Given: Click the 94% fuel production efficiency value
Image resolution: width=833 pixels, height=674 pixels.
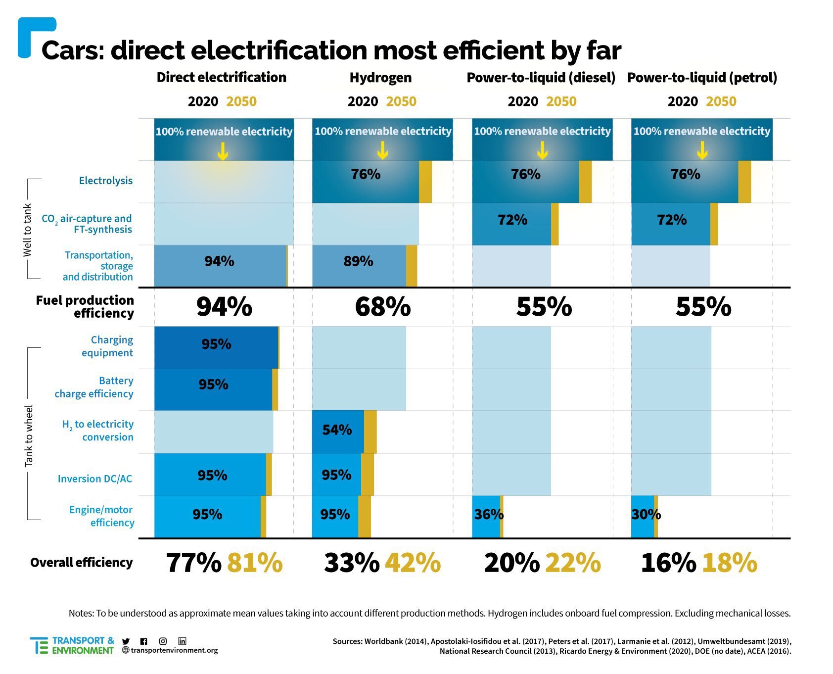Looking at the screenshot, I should [224, 307].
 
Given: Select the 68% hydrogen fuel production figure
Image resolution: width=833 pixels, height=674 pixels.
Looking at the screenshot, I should [383, 307].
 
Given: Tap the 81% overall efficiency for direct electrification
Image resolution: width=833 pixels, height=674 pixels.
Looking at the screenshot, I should [255, 563].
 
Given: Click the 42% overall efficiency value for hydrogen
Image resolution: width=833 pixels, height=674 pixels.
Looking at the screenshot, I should [413, 563].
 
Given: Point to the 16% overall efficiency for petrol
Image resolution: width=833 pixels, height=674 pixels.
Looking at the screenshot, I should [668, 563].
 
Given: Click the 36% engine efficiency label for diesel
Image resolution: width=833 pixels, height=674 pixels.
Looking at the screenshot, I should [489, 515].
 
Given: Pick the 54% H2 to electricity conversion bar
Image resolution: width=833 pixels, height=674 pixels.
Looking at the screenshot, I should [337, 430].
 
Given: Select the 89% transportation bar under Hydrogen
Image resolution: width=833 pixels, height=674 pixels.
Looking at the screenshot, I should [359, 262].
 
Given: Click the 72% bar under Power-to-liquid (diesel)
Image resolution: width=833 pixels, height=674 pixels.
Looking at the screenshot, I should [512, 220].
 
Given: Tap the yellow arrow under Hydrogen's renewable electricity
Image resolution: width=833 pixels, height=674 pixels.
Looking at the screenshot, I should [382, 150].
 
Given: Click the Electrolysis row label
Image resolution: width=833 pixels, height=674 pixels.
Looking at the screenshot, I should [106, 181].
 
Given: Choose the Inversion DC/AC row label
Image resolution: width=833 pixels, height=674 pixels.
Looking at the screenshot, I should [95, 479].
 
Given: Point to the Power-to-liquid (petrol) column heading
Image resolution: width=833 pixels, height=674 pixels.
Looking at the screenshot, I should [702, 78].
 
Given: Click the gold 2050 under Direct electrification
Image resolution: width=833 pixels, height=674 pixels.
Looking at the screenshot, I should [241, 101].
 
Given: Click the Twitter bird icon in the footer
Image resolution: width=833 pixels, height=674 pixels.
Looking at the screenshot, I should [126, 641].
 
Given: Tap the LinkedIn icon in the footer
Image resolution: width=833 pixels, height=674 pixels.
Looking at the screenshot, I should [182, 641].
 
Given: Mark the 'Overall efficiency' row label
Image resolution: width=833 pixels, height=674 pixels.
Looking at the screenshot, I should [82, 563].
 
